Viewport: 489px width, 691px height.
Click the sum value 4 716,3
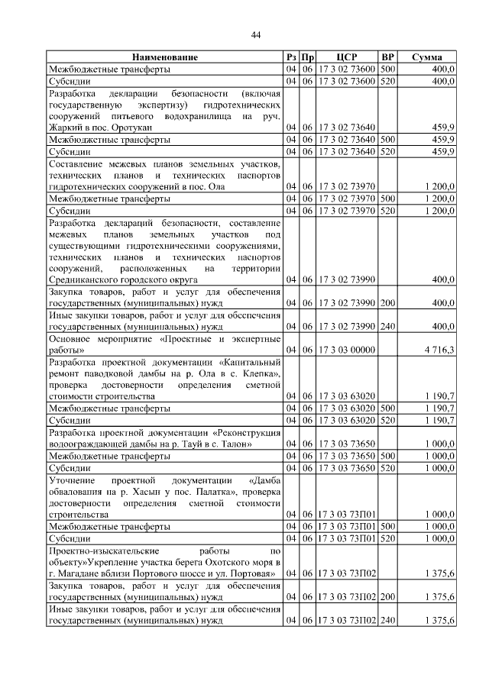tap(440, 350)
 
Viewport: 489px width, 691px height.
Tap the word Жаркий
tap(65, 128)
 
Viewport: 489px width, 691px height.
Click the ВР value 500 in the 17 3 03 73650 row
tap(387, 456)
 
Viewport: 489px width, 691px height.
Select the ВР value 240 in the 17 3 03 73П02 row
tap(387, 622)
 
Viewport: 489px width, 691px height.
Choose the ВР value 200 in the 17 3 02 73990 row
tap(387, 303)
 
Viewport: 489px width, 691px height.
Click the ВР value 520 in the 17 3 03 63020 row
tap(387, 420)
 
